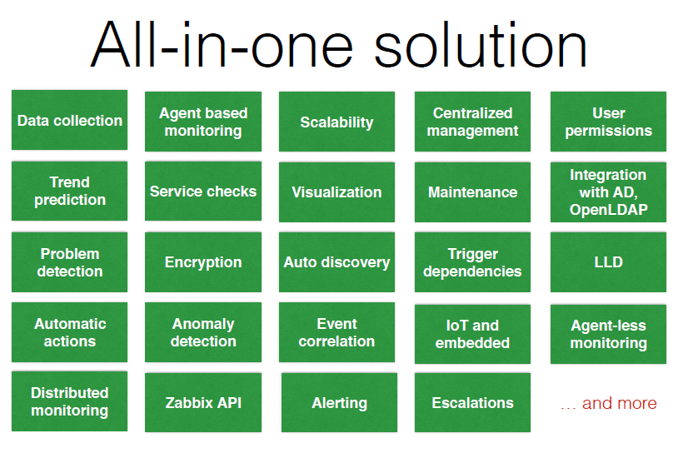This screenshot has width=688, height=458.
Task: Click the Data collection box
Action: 69,120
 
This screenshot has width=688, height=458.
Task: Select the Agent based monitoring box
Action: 203,122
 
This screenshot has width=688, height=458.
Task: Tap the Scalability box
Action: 337,122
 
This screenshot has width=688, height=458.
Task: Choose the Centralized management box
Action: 472,122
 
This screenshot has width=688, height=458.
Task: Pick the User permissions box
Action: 608,122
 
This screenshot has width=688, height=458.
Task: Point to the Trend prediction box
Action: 69,191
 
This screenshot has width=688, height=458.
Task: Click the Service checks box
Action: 203,191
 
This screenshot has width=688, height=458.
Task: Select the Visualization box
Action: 337,192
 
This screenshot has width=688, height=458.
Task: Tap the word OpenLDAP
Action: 609,210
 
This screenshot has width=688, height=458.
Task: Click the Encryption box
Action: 203,262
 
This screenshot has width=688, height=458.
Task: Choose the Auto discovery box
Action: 337,262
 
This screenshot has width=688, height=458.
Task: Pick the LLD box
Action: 608,262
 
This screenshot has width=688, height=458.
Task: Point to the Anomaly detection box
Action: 203,332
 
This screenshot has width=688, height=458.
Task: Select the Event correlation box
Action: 337,332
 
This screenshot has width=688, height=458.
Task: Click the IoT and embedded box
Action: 472,334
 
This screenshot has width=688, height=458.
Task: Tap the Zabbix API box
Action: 203,402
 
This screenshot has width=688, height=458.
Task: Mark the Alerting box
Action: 339,402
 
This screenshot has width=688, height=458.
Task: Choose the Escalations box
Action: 472,402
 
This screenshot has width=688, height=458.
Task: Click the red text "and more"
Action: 619,403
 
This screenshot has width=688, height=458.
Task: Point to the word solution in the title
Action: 480,45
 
